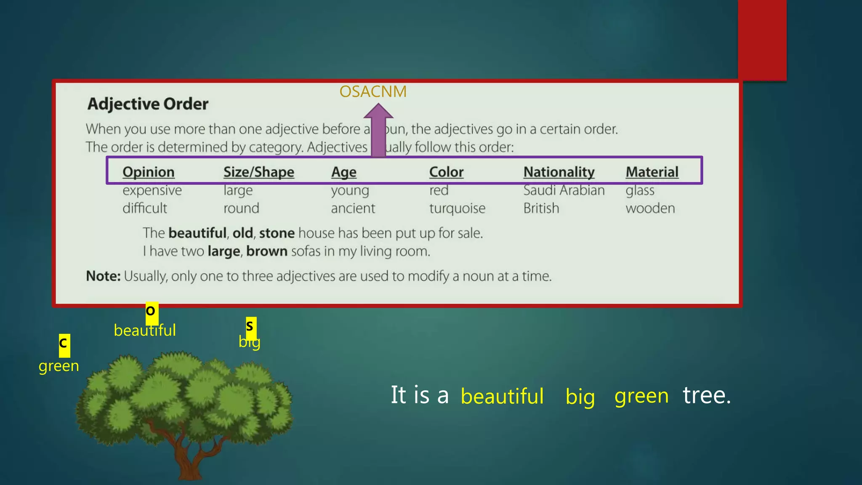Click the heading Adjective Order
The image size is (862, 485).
(148, 104)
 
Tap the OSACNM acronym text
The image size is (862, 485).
(373, 92)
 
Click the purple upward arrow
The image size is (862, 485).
(378, 131)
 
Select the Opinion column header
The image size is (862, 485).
(148, 172)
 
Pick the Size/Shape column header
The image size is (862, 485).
(258, 172)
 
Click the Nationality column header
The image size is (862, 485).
(559, 172)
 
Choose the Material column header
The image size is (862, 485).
(652, 172)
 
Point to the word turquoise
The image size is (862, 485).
(457, 208)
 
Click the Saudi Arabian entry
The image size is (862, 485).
(564, 190)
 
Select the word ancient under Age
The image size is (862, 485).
(353, 208)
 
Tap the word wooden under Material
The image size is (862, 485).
(650, 208)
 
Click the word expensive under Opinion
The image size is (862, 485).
(152, 190)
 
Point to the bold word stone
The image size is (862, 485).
(277, 233)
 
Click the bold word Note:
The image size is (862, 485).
(103, 276)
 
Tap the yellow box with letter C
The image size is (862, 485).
(64, 344)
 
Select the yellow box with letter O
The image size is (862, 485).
(151, 312)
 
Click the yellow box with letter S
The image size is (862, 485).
(250, 326)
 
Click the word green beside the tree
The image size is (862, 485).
(59, 366)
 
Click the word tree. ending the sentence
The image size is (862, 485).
(707, 395)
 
